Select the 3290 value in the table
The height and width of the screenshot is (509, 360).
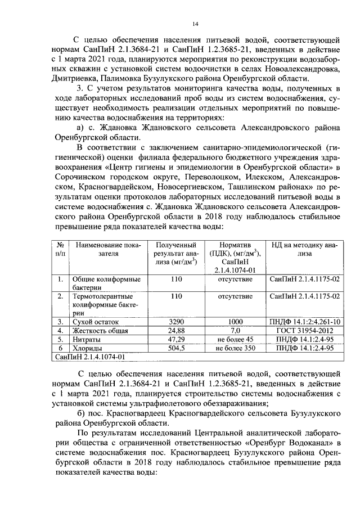(177, 322)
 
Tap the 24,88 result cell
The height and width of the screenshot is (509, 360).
(177, 331)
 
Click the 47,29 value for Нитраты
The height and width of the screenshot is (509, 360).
(177, 340)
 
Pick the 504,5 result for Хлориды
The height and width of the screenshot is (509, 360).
(177, 349)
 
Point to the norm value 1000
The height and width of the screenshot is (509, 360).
(235, 322)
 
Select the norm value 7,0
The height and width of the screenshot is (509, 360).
(235, 331)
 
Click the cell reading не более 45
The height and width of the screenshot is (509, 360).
(235, 340)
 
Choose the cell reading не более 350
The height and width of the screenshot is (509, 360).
(235, 349)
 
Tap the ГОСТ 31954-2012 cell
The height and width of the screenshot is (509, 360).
(304, 331)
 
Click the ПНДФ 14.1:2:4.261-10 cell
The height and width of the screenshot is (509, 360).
(304, 322)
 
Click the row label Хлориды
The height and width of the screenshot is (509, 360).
(87, 349)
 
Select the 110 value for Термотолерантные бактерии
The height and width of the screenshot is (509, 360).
(177, 296)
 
